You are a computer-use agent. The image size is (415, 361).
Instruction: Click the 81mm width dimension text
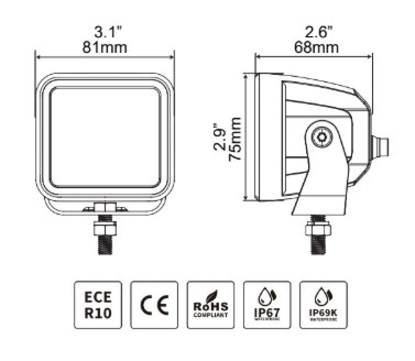coord(105,48)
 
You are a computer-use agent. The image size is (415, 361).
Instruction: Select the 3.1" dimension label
coord(105,31)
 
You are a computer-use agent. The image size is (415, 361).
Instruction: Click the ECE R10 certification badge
coord(98,305)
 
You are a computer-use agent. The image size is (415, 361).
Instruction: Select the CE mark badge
coord(154,305)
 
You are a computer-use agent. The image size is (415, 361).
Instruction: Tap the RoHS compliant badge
coord(210,305)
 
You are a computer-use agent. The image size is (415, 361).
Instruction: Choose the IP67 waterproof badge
coord(267,305)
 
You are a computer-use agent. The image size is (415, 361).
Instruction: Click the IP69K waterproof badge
coord(323,305)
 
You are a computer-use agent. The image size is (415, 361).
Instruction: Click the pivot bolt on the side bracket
coord(322,137)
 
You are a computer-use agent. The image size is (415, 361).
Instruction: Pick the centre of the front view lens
coord(105,136)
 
